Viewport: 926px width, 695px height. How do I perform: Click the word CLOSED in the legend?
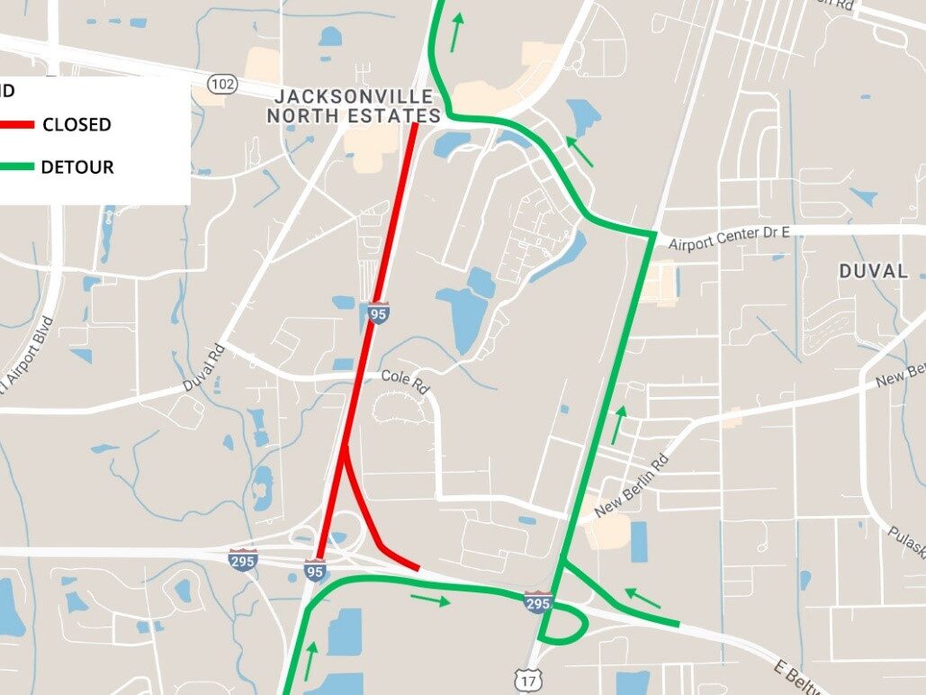click(76, 125)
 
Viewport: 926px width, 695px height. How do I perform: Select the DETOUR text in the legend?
click(77, 167)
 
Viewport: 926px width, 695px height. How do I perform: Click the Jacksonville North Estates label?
click(354, 106)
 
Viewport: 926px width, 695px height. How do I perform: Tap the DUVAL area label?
click(873, 271)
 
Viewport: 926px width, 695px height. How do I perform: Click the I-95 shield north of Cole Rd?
click(379, 313)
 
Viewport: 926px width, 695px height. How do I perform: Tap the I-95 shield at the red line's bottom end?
click(315, 571)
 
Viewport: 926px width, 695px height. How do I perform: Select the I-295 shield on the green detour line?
click(537, 601)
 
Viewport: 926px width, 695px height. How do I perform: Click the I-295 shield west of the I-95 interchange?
click(243, 559)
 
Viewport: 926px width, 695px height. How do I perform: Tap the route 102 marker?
click(222, 84)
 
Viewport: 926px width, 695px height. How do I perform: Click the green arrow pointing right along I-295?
click(430, 600)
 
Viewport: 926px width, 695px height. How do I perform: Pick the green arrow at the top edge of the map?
click(458, 32)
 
